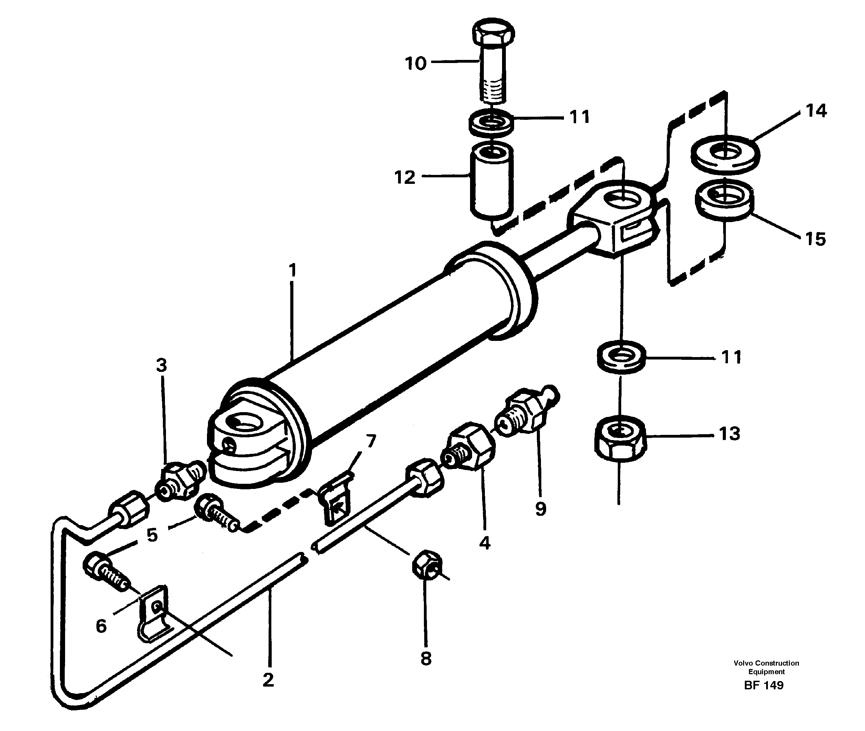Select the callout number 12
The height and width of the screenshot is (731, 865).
[x=405, y=178]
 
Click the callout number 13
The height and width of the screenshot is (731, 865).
[x=729, y=434]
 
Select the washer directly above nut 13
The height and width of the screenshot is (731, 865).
[x=620, y=356]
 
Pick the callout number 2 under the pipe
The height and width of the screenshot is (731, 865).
[x=268, y=680]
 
